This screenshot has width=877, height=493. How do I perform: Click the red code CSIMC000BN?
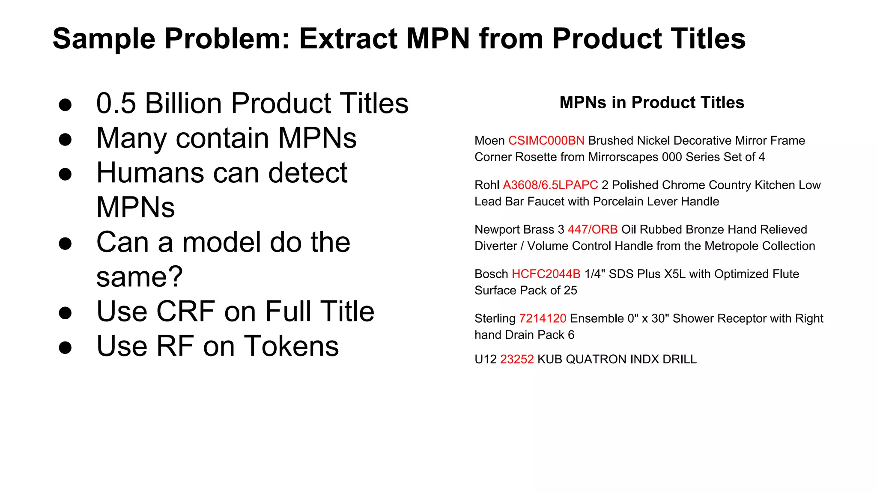pyautogui.click(x=546, y=141)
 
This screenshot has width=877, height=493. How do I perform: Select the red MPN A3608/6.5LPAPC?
pyautogui.click(x=550, y=185)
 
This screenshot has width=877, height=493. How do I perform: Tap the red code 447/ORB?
pyautogui.click(x=592, y=230)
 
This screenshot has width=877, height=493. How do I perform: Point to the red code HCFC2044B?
pyautogui.click(x=546, y=274)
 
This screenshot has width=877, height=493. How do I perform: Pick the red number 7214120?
pyautogui.click(x=543, y=319)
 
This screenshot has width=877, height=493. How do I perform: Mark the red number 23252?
pyautogui.click(x=517, y=359)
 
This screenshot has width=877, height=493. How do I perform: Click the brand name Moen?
pyautogui.click(x=489, y=141)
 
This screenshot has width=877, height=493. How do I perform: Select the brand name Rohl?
pyautogui.click(x=487, y=185)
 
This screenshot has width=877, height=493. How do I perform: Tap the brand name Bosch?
pyautogui.click(x=491, y=274)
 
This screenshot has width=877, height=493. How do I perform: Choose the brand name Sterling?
pyautogui.click(x=495, y=319)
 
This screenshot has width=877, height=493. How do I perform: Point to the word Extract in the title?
pyautogui.click(x=348, y=39)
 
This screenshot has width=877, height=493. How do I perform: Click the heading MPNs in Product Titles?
pyautogui.click(x=652, y=103)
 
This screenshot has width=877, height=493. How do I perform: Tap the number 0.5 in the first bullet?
pyautogui.click(x=116, y=104)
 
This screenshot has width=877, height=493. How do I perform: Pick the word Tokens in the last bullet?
pyautogui.click(x=292, y=346)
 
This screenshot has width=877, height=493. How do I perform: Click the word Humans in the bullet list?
pyautogui.click(x=149, y=173)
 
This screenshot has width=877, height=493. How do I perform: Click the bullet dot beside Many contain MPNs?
pyautogui.click(x=65, y=140)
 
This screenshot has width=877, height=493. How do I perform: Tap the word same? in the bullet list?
pyautogui.click(x=140, y=277)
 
